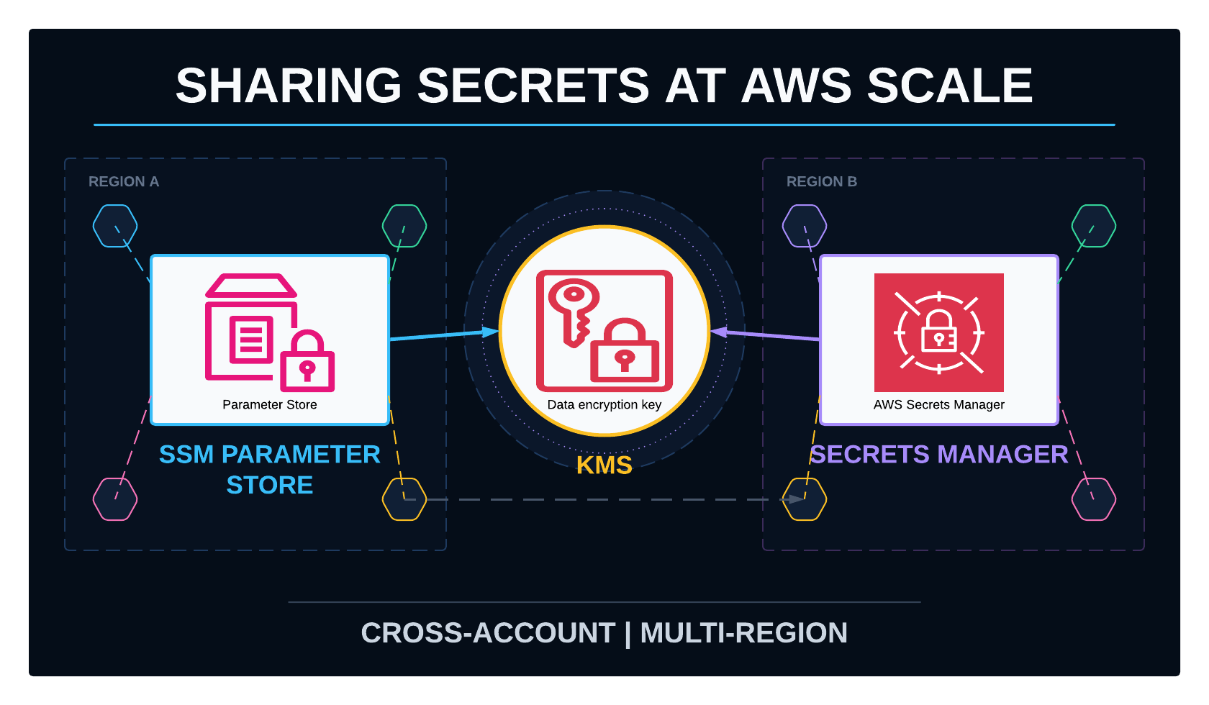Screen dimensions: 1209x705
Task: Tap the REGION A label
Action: pyautogui.click(x=124, y=182)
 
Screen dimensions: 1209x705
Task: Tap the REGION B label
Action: pyautogui.click(x=822, y=182)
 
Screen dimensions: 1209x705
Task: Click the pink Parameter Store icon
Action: pyautogui.click(x=270, y=332)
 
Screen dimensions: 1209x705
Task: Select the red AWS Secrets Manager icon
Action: pyautogui.click(x=939, y=332)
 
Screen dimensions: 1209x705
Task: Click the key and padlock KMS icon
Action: pyautogui.click(x=604, y=331)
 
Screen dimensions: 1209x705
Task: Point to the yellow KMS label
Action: pyautogui.click(x=604, y=465)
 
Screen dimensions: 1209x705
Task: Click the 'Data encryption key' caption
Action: pyautogui.click(x=604, y=404)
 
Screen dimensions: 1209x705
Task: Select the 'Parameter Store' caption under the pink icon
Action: pyautogui.click(x=270, y=404)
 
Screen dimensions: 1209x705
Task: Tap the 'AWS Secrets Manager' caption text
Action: pyautogui.click(x=939, y=404)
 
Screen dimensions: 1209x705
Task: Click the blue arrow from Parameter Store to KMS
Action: pyautogui.click(x=444, y=335)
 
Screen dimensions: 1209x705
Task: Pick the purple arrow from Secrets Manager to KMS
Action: pyautogui.click(x=766, y=335)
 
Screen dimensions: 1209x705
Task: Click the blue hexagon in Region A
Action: pyautogui.click(x=115, y=226)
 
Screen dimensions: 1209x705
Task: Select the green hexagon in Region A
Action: pyautogui.click(x=404, y=226)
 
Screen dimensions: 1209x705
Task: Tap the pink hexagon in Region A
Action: pyautogui.click(x=115, y=499)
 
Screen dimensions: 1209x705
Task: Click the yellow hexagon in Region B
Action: pyautogui.click(x=805, y=499)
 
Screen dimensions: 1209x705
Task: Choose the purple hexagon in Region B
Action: pyautogui.click(x=805, y=226)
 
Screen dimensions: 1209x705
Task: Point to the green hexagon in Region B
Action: pyautogui.click(x=1094, y=226)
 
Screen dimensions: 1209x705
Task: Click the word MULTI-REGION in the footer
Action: pyautogui.click(x=744, y=633)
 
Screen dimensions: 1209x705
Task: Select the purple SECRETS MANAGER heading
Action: pyautogui.click(x=939, y=454)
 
